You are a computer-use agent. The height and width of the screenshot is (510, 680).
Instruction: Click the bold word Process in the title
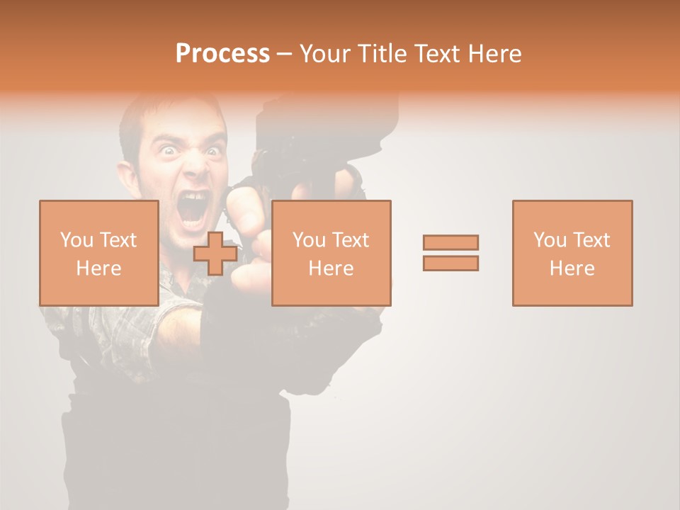(x=222, y=54)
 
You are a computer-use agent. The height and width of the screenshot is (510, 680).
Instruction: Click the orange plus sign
(x=215, y=254)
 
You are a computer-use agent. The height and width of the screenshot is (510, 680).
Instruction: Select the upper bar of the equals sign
(x=450, y=242)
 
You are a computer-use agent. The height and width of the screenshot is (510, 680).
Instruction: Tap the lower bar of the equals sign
(x=450, y=263)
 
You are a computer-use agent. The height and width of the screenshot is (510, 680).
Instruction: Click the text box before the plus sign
(x=98, y=253)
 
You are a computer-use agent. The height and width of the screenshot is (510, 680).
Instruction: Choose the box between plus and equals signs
(x=331, y=253)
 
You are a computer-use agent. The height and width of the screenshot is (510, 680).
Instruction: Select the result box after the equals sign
(x=572, y=253)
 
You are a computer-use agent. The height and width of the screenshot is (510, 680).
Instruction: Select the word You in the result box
(x=550, y=240)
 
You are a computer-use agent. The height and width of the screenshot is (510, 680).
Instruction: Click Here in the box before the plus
(x=98, y=268)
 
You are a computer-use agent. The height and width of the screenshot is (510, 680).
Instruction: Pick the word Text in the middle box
(x=351, y=240)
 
